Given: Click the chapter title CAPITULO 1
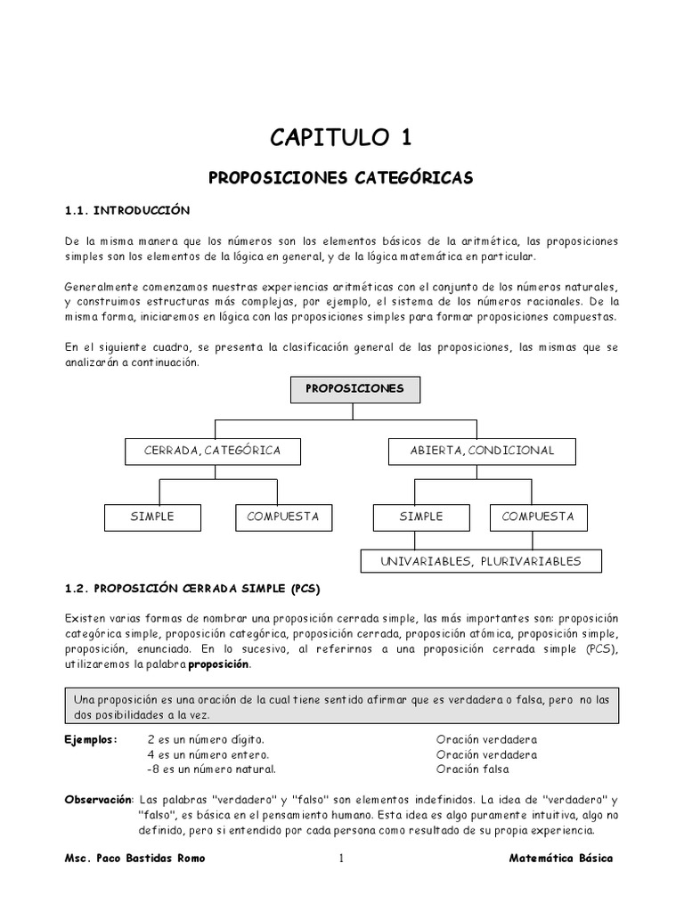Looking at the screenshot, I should [341, 137].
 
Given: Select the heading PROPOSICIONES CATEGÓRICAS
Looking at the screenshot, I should [341, 178].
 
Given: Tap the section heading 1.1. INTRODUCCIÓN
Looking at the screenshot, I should [128, 210].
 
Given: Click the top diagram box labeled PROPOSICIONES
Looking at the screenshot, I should [354, 389].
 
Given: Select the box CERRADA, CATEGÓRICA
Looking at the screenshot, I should [212, 451].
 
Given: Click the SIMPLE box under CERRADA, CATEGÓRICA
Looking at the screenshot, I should [151, 517].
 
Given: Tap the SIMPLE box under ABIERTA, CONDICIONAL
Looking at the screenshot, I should [420, 517].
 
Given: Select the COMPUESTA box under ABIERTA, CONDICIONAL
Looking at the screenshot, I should [538, 517].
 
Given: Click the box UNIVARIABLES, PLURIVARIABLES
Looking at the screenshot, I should [481, 561].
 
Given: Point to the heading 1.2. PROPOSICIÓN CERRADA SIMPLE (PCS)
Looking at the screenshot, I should [192, 590].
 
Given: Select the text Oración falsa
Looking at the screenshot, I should [473, 769].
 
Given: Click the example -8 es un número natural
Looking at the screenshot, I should [211, 769].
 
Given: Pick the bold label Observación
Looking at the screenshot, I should [98, 800].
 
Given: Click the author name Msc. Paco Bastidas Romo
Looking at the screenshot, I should [134, 859].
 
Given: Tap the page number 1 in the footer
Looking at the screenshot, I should [340, 859].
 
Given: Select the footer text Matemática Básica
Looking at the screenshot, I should [561, 859].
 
